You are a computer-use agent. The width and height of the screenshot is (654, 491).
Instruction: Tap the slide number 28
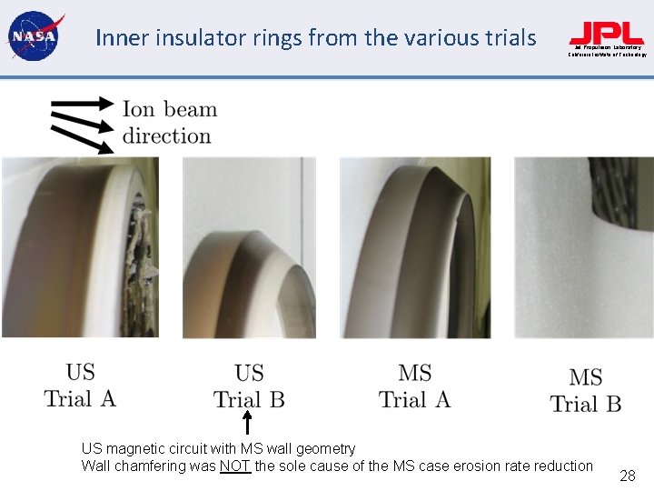(x=627, y=475)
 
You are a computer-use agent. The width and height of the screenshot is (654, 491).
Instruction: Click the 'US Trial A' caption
(x=80, y=386)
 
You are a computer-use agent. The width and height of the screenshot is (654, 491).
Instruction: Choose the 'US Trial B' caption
(x=249, y=386)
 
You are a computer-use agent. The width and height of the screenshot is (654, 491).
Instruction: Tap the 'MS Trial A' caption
(x=414, y=386)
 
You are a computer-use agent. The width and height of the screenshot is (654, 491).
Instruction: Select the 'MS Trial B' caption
(x=586, y=391)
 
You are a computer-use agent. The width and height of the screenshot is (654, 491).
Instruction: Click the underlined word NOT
(x=234, y=466)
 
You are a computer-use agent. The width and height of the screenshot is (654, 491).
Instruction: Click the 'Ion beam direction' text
(x=170, y=123)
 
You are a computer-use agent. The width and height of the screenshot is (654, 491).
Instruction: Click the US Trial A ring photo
(x=80, y=246)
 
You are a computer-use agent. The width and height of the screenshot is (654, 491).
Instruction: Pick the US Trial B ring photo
(x=249, y=246)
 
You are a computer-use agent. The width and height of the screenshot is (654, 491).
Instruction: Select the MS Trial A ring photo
(x=415, y=246)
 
